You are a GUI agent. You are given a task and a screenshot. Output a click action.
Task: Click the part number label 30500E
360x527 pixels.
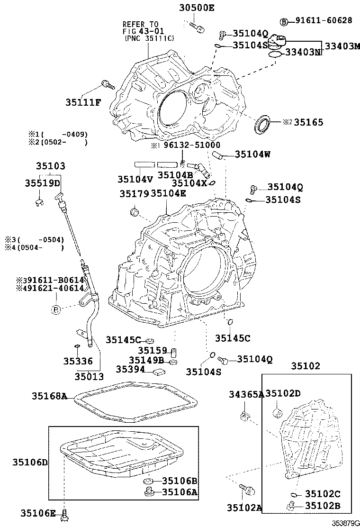(197, 7)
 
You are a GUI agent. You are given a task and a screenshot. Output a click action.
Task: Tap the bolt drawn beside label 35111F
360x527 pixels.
(108, 86)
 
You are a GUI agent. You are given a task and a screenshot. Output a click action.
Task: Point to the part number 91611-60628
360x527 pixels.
(324, 21)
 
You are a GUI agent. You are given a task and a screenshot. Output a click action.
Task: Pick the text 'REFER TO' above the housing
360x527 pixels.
(141, 24)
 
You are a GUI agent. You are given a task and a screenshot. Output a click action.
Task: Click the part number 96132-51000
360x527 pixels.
(191, 145)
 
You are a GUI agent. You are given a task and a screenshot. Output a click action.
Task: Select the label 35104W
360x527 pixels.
(253, 154)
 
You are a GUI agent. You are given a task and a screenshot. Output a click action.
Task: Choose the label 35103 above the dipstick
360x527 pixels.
(50, 166)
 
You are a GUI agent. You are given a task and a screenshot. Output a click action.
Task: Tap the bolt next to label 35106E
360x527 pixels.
(64, 513)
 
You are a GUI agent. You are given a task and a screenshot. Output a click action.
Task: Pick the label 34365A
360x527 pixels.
(246, 394)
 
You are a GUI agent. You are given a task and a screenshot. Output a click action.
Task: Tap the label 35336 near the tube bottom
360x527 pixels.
(78, 361)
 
